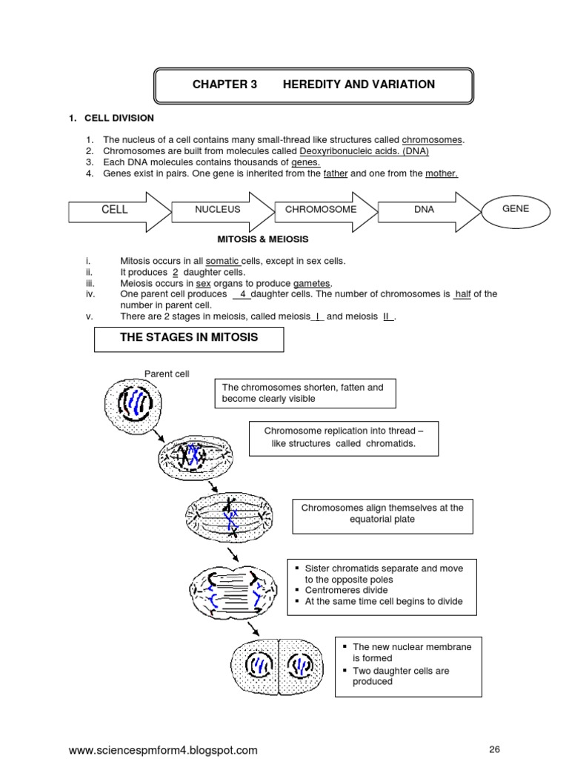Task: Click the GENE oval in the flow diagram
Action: click(x=516, y=209)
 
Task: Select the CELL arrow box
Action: click(x=115, y=210)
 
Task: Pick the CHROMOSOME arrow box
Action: click(x=321, y=210)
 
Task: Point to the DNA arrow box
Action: click(x=425, y=210)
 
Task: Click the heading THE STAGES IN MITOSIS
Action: click(x=189, y=339)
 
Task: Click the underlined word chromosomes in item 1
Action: click(x=432, y=139)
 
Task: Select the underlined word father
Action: click(x=336, y=173)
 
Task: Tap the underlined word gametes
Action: click(x=311, y=283)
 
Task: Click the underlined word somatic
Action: click(x=222, y=261)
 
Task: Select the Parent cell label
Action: click(x=167, y=374)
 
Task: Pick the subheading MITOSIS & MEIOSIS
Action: click(x=262, y=239)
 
